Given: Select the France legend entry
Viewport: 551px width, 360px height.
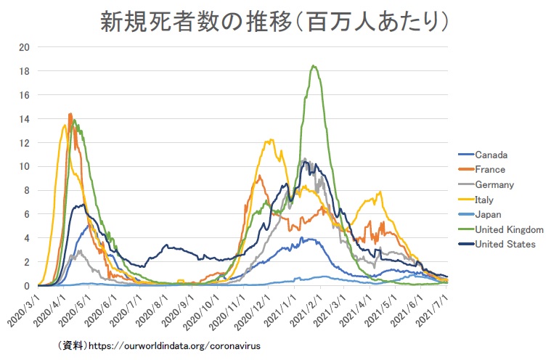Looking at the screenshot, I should tap(491, 170).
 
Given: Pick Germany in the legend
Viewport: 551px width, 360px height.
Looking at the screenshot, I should tap(495, 184).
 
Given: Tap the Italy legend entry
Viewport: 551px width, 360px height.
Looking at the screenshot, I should tap(486, 200).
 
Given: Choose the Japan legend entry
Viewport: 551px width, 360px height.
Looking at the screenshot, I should tap(488, 214).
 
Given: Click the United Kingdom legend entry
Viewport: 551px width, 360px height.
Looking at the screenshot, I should tap(509, 229).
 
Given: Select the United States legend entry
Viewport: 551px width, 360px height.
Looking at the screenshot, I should tap(505, 244).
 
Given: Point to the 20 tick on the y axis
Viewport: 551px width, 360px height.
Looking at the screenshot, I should tap(24, 48).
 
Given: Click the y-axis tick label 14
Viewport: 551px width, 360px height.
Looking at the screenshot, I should tap(24, 119).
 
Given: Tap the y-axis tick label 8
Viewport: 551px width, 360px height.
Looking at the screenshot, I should tap(26, 190).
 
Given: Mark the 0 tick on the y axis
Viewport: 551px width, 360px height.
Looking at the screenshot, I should tap(26, 286).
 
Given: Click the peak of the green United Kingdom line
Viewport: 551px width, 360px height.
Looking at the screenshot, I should tap(314, 66).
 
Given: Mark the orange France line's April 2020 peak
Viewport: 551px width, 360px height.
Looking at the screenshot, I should tap(70, 113).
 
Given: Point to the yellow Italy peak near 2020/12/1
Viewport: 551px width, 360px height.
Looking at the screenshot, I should tap(272, 140).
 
